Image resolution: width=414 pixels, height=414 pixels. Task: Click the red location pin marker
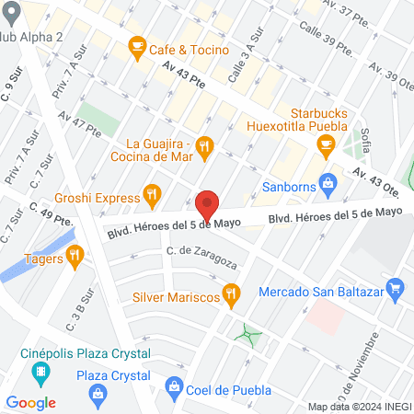(x=207, y=205)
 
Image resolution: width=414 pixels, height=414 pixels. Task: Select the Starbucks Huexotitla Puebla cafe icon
(x=325, y=144)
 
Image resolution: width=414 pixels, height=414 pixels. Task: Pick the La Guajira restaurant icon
(x=205, y=144)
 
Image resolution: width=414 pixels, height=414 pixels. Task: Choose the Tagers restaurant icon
(x=80, y=259)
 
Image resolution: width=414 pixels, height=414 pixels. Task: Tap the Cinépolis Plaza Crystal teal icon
(x=40, y=373)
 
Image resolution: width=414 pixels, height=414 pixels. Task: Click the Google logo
(x=31, y=402)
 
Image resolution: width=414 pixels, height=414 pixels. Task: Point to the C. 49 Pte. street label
(x=51, y=215)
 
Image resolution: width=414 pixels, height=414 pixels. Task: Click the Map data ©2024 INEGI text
(x=359, y=407)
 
